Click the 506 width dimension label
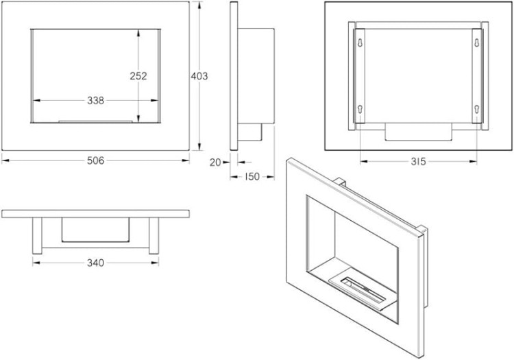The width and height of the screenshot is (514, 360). point(95,160)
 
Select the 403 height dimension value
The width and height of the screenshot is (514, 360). point(199,76)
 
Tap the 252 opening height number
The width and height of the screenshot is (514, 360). point(138,76)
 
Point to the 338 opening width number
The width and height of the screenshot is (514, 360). point(95,101)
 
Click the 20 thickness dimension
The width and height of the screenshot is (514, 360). point(215,163)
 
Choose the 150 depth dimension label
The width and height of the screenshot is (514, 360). point(252,177)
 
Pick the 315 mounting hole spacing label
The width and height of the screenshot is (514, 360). point(418,161)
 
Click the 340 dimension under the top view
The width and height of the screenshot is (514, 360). point(95,263)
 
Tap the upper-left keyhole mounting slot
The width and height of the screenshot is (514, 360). point(360,43)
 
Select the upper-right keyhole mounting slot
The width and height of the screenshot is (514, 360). point(477,43)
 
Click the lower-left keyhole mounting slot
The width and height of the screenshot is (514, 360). point(360,110)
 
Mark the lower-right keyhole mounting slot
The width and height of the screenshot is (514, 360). point(477,110)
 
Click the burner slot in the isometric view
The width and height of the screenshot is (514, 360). point(363,289)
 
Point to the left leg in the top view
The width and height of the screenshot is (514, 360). point(38,236)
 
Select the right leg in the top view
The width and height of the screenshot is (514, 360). point(154,236)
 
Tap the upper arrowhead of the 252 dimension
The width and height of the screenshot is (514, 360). point(138,33)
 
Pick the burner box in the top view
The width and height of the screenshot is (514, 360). point(95,230)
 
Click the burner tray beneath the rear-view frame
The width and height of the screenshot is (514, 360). point(418,132)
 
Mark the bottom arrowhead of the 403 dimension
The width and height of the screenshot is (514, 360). point(199,147)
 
